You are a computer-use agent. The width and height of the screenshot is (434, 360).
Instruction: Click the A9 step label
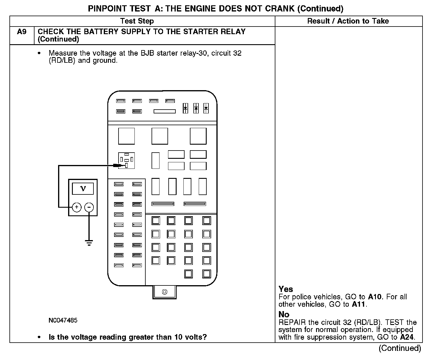[x=22, y=32]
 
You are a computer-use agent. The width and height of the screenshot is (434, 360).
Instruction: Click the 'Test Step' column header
[x=137, y=21]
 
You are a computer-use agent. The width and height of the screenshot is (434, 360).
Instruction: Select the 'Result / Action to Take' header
[x=348, y=21]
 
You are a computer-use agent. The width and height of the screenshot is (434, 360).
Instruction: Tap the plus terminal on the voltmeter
[x=77, y=207]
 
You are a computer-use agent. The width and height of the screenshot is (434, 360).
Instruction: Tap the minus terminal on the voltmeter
[x=89, y=207]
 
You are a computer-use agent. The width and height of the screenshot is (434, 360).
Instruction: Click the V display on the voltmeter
[x=83, y=189]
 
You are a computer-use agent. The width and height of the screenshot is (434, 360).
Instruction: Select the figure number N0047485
[x=63, y=320]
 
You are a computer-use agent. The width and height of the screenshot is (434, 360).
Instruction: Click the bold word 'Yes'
[x=286, y=289]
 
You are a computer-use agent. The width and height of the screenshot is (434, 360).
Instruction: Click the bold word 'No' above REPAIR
[x=284, y=314]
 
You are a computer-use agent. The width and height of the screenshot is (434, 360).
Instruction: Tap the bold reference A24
[x=407, y=337]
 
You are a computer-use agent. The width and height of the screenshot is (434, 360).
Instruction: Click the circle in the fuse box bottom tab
[x=165, y=292]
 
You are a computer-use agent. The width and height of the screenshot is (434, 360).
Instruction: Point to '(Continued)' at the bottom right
[x=400, y=348]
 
